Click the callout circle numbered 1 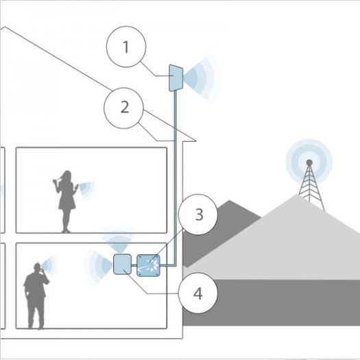click(x=126, y=47)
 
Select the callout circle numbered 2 click(x=124, y=108)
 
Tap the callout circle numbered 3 click(x=198, y=215)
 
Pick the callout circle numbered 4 click(x=198, y=293)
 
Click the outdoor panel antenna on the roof click(x=176, y=77)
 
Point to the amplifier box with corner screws click(x=148, y=265)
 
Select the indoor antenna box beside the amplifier click(x=123, y=264)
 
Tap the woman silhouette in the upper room click(x=65, y=202)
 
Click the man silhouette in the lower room click(x=36, y=296)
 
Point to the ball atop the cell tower click(x=309, y=163)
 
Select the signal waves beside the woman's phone click(x=86, y=189)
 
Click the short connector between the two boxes click(x=134, y=265)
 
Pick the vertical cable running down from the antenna click(x=175, y=178)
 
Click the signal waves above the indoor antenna click(x=118, y=240)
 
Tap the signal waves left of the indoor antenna click(x=99, y=266)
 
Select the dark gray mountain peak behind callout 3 click(x=229, y=201)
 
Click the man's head click(x=37, y=267)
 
